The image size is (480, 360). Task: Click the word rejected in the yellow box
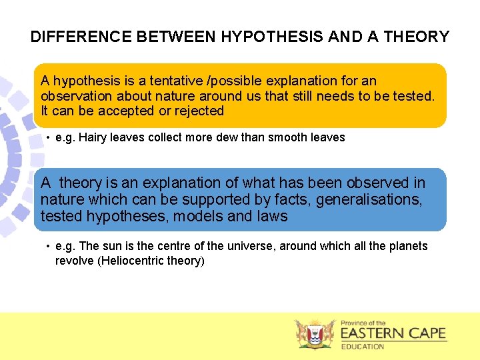[198, 111]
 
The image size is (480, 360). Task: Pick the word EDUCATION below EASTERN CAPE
[363, 347]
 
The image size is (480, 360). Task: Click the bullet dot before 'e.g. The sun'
[49, 247]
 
